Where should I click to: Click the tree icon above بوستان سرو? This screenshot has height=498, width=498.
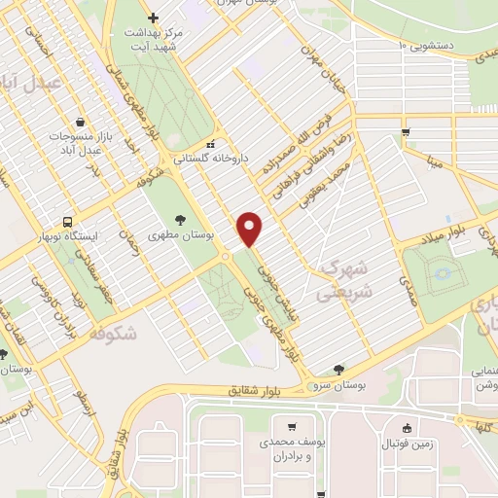[338, 369]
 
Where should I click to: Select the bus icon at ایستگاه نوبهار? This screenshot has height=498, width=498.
[67, 221]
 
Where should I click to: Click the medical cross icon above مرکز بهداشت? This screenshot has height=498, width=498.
[152, 18]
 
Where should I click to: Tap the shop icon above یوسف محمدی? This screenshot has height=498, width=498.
[292, 426]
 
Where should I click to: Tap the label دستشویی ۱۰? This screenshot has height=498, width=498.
[436, 44]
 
